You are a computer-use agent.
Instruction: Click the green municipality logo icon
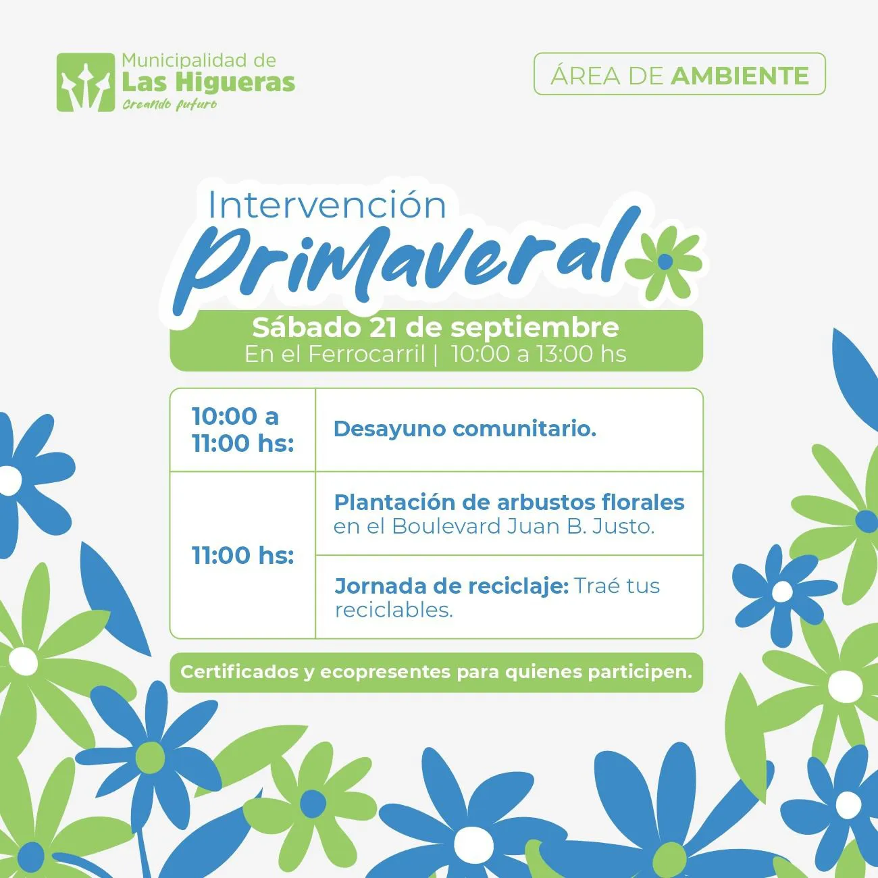[x=86, y=82]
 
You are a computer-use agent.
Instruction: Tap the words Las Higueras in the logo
[x=208, y=82]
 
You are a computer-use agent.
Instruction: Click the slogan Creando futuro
[x=170, y=104]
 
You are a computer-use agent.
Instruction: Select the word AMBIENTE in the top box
[x=740, y=76]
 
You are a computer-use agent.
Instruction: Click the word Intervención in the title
[x=327, y=205]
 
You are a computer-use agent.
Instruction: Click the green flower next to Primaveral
[x=665, y=262]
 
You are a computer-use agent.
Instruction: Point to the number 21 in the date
[x=383, y=328]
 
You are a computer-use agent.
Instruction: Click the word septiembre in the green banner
[x=534, y=328]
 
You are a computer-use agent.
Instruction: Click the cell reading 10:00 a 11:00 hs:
[x=242, y=430]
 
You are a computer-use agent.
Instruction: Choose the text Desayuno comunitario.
[x=465, y=429]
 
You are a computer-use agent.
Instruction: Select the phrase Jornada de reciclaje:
[x=451, y=586]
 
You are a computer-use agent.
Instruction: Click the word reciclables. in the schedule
[x=394, y=610]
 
